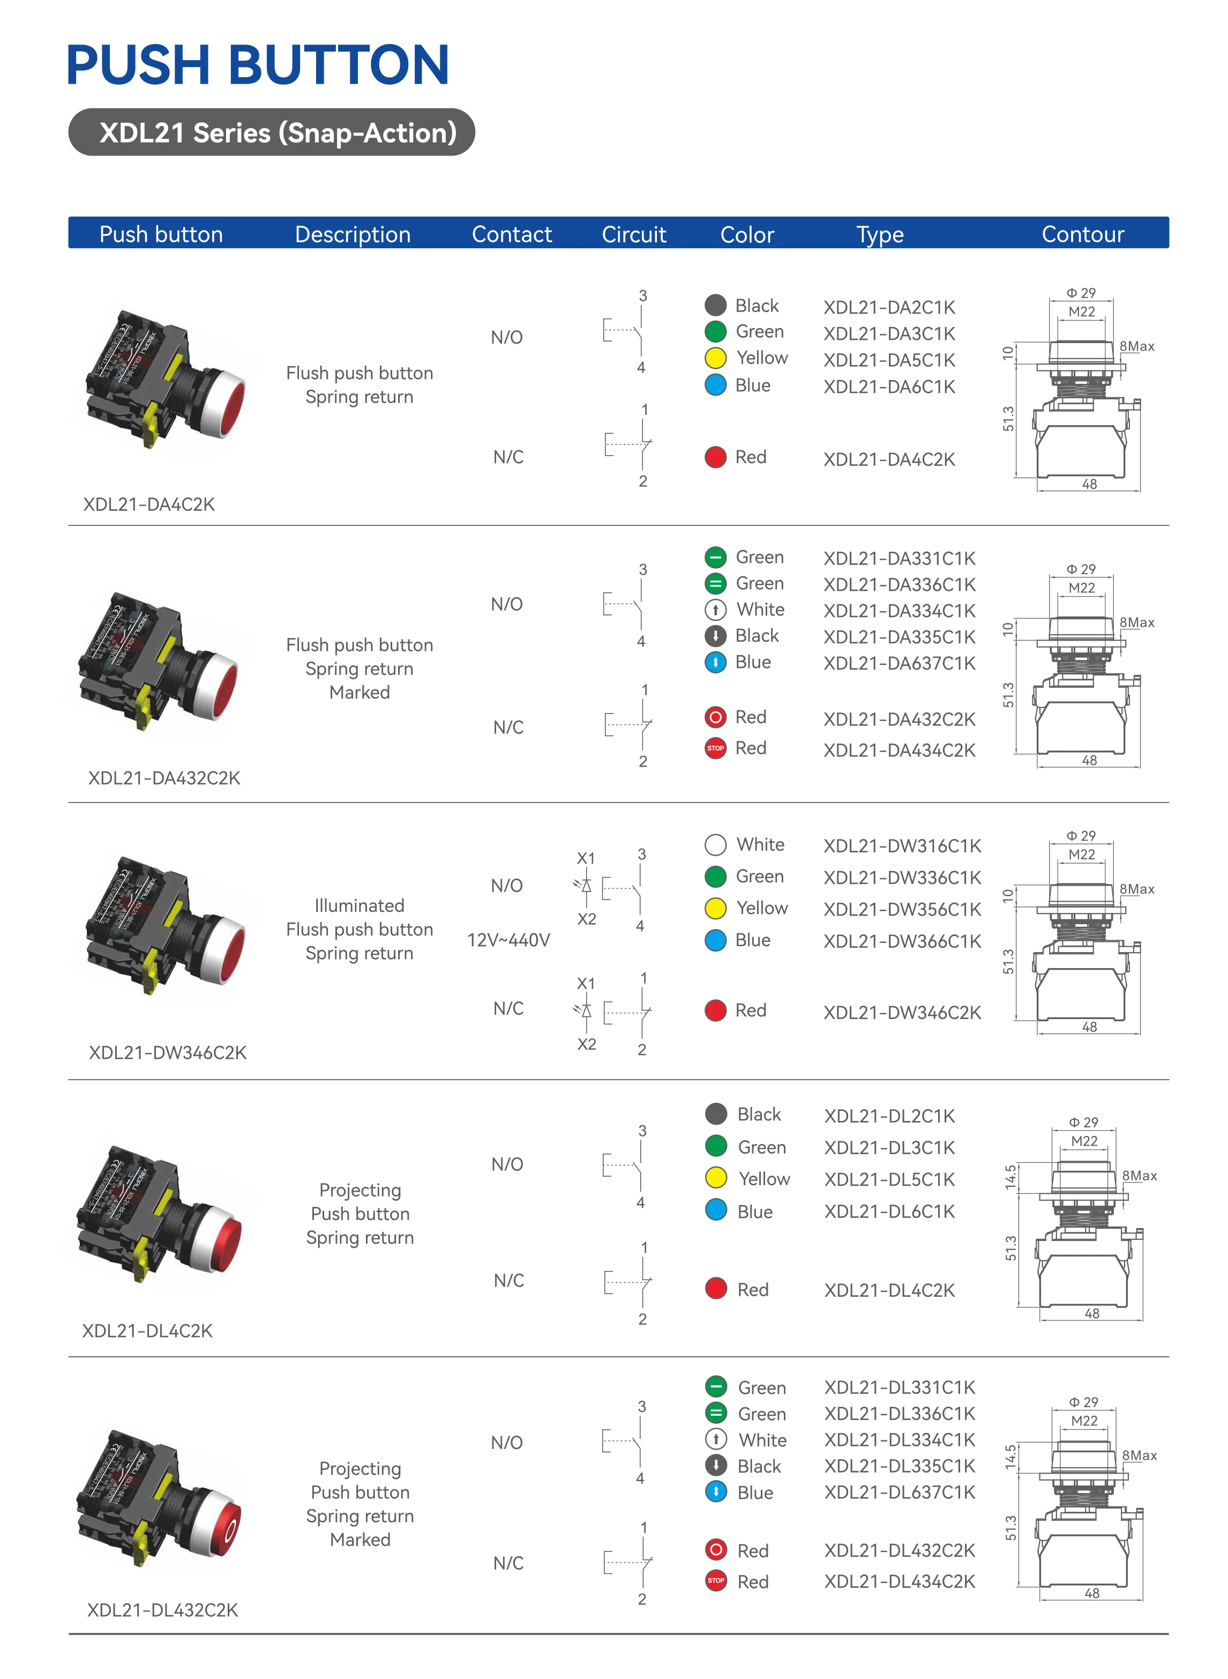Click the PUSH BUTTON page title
(257, 65)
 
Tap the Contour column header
(1082, 234)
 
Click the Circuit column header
(633, 234)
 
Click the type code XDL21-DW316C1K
(902, 846)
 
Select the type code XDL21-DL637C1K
(900, 1492)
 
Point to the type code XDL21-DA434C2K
(900, 751)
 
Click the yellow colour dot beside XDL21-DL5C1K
(716, 1179)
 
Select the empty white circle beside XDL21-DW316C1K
(715, 845)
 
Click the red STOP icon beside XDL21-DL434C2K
(716, 1581)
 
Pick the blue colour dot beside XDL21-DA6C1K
(715, 385)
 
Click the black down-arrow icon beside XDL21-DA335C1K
(715, 636)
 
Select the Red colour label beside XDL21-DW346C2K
(751, 1011)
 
